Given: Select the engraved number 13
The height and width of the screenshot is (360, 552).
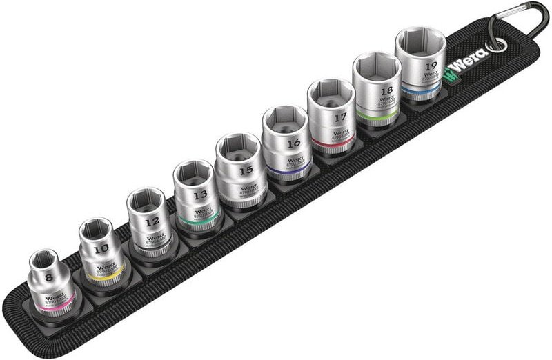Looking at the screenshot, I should coord(200,195).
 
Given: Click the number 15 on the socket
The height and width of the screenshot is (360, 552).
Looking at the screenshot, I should coord(245,169).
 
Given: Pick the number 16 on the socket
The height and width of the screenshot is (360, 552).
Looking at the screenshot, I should coord(293,143).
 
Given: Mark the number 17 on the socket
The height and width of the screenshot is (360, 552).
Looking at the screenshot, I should coord(339,118).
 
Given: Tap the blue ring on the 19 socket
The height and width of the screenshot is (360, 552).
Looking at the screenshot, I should coord(421,90).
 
